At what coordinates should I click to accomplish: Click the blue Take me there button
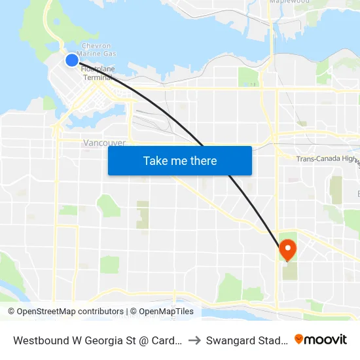tap(180, 160)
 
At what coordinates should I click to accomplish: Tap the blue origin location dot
tap(72, 60)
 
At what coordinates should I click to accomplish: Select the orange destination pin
tap(287, 249)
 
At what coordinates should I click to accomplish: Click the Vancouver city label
tap(104, 143)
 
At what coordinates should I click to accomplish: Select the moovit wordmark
tap(327, 340)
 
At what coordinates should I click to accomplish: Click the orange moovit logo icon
tap(299, 339)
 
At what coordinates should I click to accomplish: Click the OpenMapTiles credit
tap(162, 312)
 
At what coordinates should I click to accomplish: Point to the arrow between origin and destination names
tap(195, 340)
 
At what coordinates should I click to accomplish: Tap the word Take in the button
tap(155, 160)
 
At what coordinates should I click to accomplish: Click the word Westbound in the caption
tap(43, 340)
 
